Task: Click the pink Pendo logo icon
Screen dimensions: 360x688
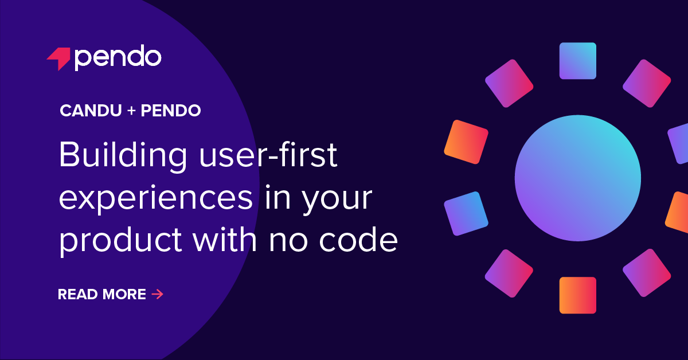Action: coord(58,58)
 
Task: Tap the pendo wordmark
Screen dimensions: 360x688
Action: coord(118,57)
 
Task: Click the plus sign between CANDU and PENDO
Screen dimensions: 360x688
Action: coord(131,111)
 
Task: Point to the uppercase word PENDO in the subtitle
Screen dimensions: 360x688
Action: coord(171,111)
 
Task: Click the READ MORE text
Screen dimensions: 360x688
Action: coord(102,295)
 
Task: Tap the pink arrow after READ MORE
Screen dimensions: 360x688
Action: coord(158,295)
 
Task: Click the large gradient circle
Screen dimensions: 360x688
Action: coord(577,178)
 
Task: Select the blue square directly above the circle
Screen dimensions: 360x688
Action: coord(577,61)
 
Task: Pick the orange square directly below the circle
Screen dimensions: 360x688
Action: coord(577,295)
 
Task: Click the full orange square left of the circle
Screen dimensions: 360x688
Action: coord(466,141)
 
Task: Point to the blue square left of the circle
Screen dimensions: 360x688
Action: coord(466,213)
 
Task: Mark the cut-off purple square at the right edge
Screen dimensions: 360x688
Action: coord(679,143)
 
